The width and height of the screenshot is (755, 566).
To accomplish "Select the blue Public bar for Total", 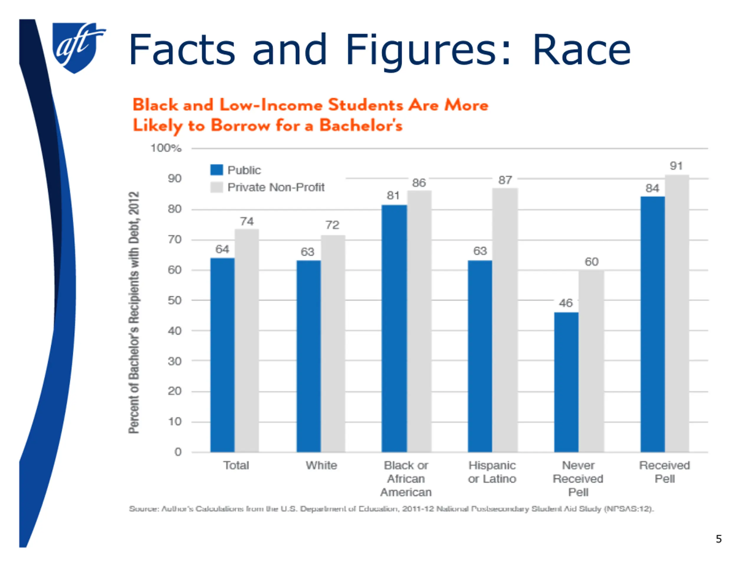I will [222, 355].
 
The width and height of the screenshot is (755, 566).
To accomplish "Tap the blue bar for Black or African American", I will [394, 328].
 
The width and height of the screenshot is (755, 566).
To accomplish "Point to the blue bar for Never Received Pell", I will [566, 382].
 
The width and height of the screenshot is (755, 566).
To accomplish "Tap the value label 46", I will [566, 303].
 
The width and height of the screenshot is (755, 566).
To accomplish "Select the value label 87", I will [505, 180].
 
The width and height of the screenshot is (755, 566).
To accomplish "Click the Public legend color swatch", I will [216, 170].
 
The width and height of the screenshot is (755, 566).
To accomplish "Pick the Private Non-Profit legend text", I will [276, 187].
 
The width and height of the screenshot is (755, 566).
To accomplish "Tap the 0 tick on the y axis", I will [178, 452].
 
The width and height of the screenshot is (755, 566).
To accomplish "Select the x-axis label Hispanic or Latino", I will [492, 472].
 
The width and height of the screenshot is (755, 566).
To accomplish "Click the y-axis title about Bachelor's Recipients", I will [134, 312].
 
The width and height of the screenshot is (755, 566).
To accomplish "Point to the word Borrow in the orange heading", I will [240, 126].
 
